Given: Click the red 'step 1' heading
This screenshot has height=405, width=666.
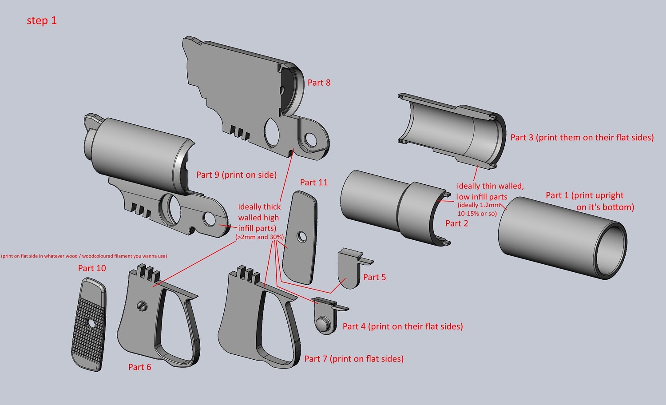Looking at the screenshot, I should [42, 20].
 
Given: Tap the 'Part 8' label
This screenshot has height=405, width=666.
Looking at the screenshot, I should [319, 83].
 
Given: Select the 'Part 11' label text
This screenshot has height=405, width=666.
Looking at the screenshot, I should [313, 182].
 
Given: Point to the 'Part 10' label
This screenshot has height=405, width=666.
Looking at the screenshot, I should [92, 268].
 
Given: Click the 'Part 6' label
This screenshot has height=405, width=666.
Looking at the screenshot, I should [139, 367].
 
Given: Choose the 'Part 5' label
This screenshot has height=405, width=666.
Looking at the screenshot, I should [374, 277].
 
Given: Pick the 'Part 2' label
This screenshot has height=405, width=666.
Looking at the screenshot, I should [456, 223].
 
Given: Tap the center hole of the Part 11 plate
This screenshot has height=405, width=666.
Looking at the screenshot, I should [302, 237].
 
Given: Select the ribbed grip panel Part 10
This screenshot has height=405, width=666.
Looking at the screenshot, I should [89, 324].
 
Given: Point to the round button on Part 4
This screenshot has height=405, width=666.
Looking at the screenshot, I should [325, 324].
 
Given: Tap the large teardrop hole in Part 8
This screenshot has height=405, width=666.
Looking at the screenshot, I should [271, 132].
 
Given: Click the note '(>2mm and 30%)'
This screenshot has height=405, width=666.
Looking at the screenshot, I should [259, 237].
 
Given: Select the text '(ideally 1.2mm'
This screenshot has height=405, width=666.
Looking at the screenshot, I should [479, 205].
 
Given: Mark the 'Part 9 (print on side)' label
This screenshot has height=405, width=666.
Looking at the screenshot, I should [236, 175].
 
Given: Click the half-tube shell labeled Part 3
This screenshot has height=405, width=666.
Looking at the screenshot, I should [453, 131].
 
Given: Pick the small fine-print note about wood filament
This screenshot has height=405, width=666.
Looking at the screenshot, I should [84, 256].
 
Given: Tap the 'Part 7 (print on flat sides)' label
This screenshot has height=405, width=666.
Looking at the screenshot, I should [354, 359].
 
